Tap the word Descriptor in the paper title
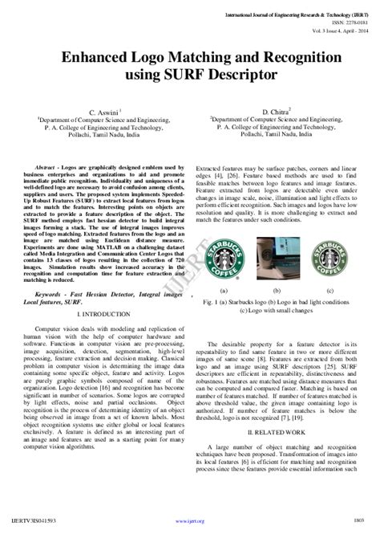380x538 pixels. click(x=240, y=75)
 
